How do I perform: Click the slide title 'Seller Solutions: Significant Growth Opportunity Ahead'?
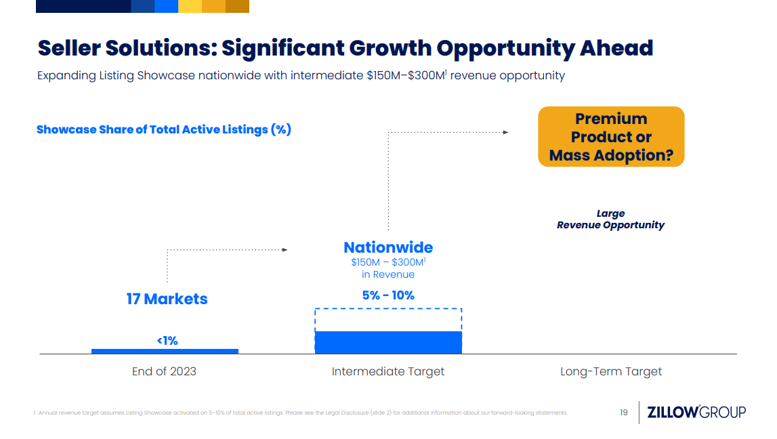point(345,48)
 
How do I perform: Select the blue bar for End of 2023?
point(165,351)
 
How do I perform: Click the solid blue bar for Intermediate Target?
point(388,342)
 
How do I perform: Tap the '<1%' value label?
point(167,341)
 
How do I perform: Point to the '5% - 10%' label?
point(388,295)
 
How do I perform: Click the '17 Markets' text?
point(167,299)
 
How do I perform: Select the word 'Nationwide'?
point(388,247)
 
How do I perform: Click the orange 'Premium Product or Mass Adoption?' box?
point(611,137)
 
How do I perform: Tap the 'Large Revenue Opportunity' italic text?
point(610,219)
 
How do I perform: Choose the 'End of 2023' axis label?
point(164,371)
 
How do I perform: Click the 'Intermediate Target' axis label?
point(388,371)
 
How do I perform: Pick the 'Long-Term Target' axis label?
point(611,371)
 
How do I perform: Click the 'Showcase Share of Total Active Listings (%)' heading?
point(164,129)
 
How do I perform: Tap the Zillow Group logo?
point(696,412)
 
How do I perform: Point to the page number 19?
point(624,412)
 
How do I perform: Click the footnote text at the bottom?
point(299,413)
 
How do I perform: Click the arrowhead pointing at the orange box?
point(505,132)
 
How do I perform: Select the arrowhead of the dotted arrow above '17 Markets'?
point(285,250)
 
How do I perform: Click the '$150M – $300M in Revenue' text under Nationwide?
point(388,268)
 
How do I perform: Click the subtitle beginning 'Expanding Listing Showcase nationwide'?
point(301,75)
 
